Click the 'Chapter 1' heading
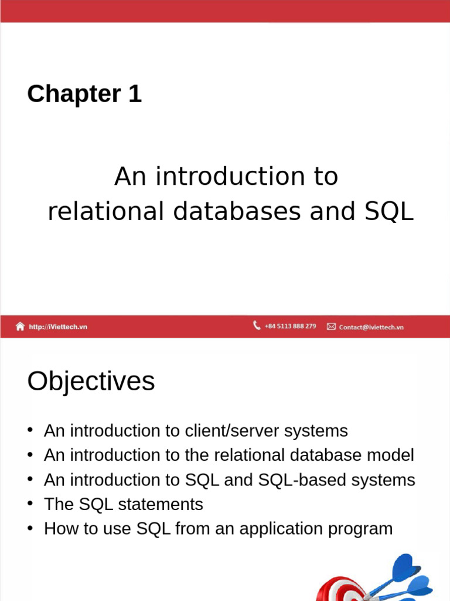coord(84,94)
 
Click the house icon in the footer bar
coord(21,326)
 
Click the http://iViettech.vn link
coord(58,327)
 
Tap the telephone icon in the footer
coord(257,325)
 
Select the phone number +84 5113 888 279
coord(290,326)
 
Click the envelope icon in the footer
coord(331,326)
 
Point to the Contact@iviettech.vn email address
coord(371,327)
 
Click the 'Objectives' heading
coord(91,381)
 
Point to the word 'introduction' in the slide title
coord(220,176)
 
